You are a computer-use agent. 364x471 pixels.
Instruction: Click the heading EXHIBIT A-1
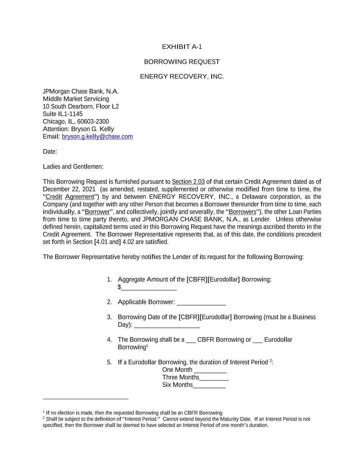tap(182, 47)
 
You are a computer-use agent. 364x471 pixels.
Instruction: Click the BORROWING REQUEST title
tap(182, 62)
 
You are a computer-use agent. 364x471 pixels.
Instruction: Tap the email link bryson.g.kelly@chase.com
tap(97, 137)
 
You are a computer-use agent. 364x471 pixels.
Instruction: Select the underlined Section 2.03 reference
tap(188, 182)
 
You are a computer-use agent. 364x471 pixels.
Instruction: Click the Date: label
tap(50, 152)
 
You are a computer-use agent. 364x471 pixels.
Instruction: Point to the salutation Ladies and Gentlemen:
tap(73, 167)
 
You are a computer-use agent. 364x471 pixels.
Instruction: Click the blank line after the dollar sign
tap(149, 288)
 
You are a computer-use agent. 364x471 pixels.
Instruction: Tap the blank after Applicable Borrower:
tap(201, 303)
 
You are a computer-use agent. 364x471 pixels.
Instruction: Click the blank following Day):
tap(167, 325)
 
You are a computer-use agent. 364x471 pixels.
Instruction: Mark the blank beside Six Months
tap(209, 386)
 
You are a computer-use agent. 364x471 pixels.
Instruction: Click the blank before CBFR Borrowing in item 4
tap(191, 341)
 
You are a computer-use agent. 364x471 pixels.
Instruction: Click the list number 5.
tap(109, 362)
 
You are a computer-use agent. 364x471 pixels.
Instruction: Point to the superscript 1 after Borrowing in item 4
tap(147, 345)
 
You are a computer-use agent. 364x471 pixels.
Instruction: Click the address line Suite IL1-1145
tap(63, 114)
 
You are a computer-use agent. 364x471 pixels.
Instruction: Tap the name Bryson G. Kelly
tap(92, 129)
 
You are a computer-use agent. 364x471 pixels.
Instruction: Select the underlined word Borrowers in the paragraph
tap(242, 212)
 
